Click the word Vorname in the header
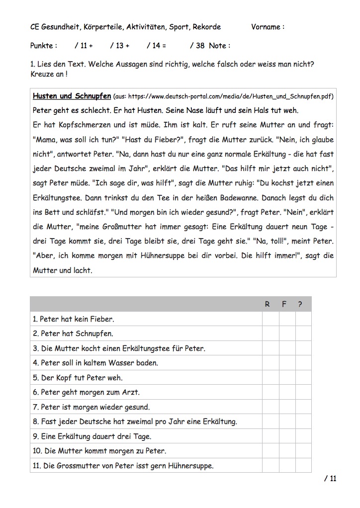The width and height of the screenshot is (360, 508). tap(266, 27)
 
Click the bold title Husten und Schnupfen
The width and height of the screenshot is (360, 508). tap(72, 96)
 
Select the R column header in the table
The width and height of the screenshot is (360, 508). tap(268, 304)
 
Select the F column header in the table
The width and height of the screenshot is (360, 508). tap(284, 304)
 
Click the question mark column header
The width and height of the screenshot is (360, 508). tap(300, 304)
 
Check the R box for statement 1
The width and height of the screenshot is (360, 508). tap(270, 319)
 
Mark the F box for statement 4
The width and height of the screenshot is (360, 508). tap(287, 363)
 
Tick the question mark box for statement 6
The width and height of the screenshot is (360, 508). tap(303, 392)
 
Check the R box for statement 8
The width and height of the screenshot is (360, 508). tap(270, 422)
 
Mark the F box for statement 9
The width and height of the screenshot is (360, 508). tap(287, 436)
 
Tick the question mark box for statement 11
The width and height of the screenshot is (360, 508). tap(303, 466)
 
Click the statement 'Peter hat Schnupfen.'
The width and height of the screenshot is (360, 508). tap(73, 334)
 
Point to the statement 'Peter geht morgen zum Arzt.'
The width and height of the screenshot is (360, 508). tap(86, 392)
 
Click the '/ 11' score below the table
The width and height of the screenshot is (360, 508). tap(330, 479)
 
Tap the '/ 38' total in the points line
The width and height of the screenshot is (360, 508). tap(197, 46)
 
